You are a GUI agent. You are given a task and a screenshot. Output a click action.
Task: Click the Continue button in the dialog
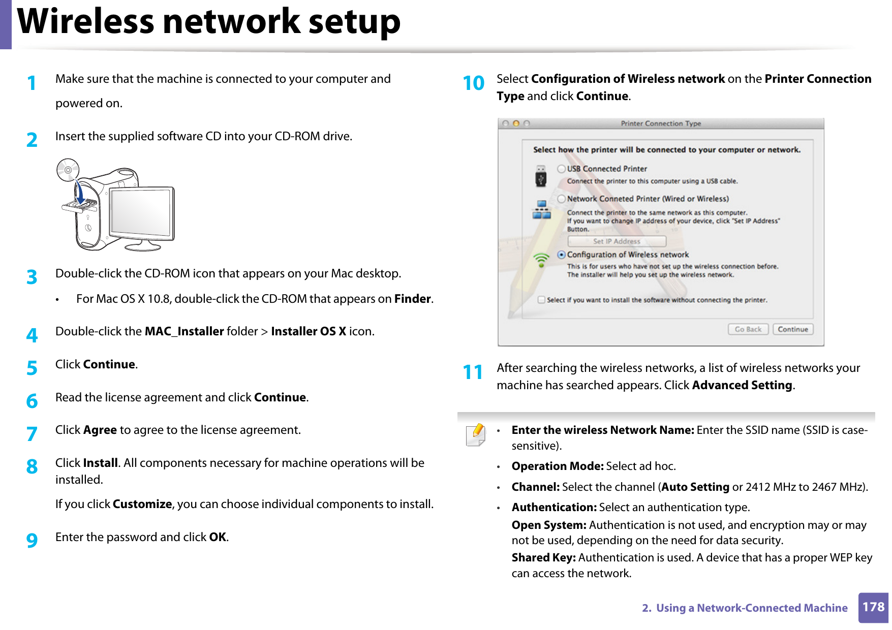click(x=792, y=329)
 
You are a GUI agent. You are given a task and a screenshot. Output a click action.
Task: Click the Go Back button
click(x=748, y=329)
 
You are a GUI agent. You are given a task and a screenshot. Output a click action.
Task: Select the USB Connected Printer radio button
click(x=561, y=169)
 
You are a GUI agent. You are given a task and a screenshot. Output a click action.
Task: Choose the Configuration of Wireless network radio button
click(x=561, y=255)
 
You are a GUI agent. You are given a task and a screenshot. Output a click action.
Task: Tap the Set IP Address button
click(x=617, y=241)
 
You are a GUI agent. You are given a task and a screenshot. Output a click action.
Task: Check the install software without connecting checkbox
click(x=542, y=300)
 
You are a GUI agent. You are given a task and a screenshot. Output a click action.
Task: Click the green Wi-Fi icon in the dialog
click(x=541, y=260)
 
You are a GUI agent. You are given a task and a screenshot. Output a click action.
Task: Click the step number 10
click(x=473, y=83)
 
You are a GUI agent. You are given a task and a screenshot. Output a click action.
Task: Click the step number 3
click(x=32, y=277)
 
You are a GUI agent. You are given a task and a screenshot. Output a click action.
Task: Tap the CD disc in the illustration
click(x=68, y=170)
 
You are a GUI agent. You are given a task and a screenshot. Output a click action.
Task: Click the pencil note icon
click(x=476, y=435)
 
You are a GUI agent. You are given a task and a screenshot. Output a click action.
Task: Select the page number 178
click(x=873, y=607)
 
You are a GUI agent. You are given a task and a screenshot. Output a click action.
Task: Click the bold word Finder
click(x=412, y=299)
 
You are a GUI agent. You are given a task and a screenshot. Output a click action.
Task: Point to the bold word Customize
click(x=142, y=504)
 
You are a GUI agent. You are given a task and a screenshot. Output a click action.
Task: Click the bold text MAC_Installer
click(x=184, y=331)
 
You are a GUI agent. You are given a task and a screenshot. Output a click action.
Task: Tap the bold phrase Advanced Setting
click(x=742, y=385)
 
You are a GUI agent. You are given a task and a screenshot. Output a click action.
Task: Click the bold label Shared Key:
click(x=543, y=557)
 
